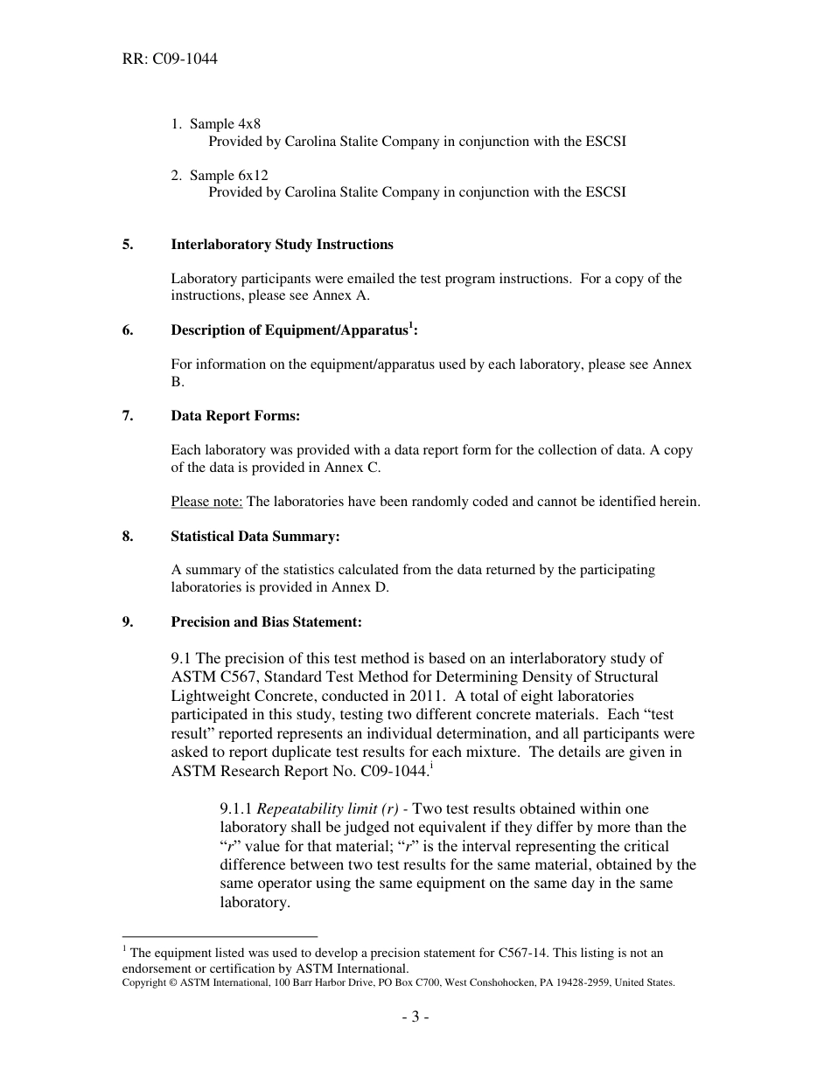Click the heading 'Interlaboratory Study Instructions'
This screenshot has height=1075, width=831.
282,245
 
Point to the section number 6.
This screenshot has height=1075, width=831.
128,330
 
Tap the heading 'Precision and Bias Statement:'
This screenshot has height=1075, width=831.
266,622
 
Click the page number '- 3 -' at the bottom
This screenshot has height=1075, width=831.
415,1017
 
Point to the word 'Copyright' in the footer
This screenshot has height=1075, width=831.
144,982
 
